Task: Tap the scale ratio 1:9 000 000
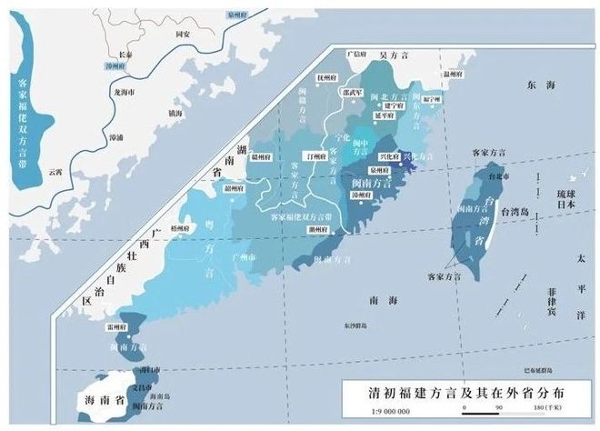click(x=375, y=412)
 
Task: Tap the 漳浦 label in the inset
click(x=115, y=137)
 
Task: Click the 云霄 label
click(x=56, y=170)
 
